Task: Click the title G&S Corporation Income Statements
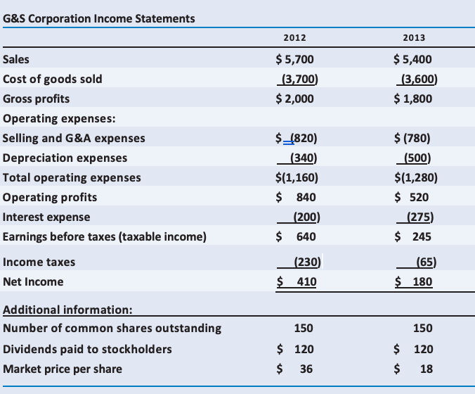tap(99, 18)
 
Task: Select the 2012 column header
tap(294, 38)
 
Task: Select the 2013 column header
tap(414, 38)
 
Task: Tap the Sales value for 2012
tap(295, 59)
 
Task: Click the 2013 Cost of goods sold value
tap(415, 79)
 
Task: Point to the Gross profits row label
tap(37, 99)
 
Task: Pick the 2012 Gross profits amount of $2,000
tap(295, 99)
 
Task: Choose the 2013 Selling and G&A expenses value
tap(415, 138)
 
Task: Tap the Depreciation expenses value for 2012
tap(299, 158)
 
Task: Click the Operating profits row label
tap(50, 197)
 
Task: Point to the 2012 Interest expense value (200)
tap(303, 217)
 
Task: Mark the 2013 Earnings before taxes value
tap(414, 236)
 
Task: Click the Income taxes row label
tap(39, 262)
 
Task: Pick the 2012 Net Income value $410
tap(297, 282)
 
